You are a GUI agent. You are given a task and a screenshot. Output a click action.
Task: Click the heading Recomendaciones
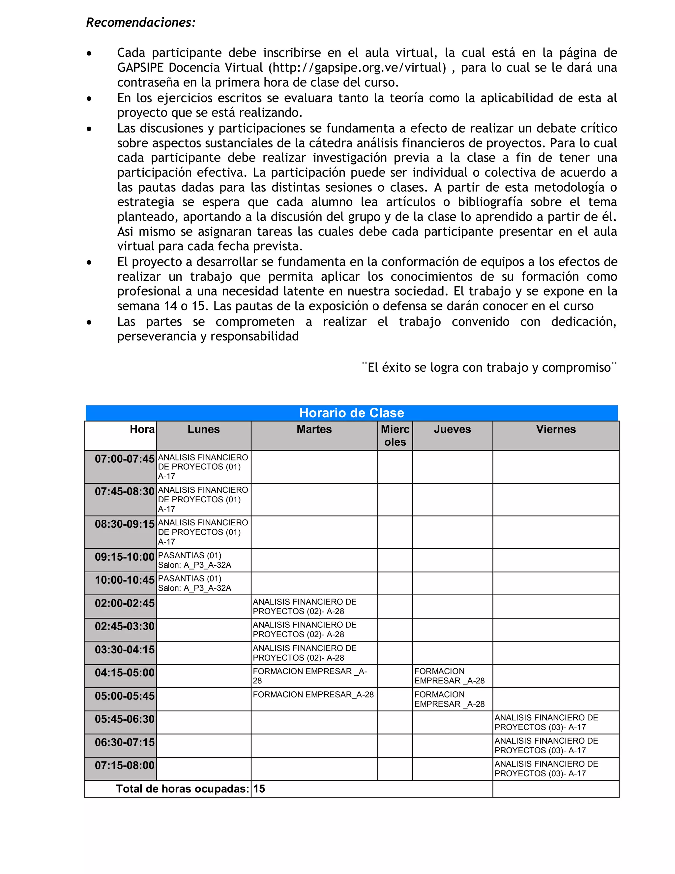click(x=141, y=22)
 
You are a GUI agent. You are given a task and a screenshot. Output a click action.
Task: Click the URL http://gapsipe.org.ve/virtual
click(x=357, y=68)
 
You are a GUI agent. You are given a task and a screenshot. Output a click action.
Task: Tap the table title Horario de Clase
click(x=351, y=413)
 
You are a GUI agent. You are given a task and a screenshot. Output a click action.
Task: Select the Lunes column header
click(x=204, y=429)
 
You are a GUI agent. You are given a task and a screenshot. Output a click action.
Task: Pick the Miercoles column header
click(x=395, y=435)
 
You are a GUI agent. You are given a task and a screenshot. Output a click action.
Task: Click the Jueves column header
click(x=452, y=429)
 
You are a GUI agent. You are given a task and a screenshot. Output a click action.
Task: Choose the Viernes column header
click(x=556, y=429)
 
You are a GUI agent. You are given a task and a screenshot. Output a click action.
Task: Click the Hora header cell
click(x=142, y=429)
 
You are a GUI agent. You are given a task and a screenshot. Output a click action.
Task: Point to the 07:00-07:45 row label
click(x=124, y=459)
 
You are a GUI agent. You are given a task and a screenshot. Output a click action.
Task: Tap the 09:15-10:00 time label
click(x=124, y=557)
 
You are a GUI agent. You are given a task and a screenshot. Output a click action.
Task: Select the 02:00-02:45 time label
click(x=124, y=603)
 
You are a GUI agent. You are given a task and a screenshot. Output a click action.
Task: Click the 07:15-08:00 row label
click(x=124, y=765)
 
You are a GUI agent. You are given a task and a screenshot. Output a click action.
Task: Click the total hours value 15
click(x=259, y=789)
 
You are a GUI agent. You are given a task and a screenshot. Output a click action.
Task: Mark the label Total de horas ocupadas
click(x=183, y=789)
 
